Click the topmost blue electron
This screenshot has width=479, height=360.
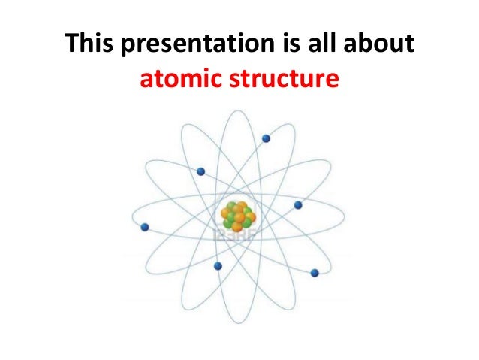pos(266,138)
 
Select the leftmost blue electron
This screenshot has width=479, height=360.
pos(145,227)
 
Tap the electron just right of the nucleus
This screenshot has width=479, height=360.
pos(298,204)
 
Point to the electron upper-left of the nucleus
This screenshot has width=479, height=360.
pos(200,171)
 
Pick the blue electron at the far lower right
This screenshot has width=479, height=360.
pos(315,272)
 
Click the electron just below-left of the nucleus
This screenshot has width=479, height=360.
pos(218,265)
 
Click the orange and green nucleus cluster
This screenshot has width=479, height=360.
pos(238,216)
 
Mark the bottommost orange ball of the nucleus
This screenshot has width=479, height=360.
pos(236,227)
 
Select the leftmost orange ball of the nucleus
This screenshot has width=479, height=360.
pos(226,218)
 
